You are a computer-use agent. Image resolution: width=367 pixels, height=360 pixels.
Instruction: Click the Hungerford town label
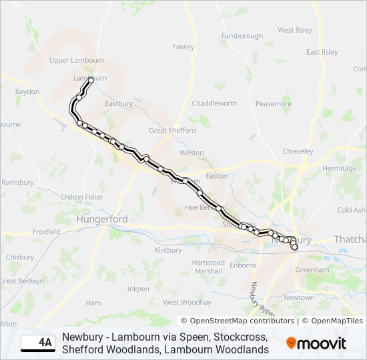(102, 219)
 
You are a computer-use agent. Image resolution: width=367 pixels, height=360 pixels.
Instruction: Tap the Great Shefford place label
(172, 131)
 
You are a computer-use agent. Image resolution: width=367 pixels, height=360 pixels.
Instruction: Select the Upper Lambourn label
(77, 60)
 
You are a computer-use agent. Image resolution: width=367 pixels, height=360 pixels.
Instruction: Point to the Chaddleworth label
(214, 103)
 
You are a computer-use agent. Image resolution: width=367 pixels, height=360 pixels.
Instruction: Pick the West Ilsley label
(295, 30)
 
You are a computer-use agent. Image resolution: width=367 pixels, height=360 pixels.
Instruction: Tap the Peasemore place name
(274, 103)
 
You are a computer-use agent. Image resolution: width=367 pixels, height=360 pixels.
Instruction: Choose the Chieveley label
(298, 151)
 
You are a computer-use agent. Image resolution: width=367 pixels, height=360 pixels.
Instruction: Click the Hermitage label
(340, 168)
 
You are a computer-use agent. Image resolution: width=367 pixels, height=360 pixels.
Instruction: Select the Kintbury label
(167, 250)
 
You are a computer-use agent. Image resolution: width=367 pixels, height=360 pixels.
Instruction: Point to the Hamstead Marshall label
(208, 267)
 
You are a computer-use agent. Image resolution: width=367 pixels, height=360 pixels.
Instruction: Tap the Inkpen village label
(138, 289)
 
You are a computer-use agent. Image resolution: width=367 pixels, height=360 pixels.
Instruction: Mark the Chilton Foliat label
(81, 197)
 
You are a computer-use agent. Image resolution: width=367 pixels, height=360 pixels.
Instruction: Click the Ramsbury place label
(17, 182)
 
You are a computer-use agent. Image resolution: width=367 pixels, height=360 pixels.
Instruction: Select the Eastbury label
(119, 103)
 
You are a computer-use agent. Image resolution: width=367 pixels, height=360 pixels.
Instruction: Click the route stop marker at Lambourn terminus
(91, 80)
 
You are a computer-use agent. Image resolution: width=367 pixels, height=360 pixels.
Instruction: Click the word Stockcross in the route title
(240, 337)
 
